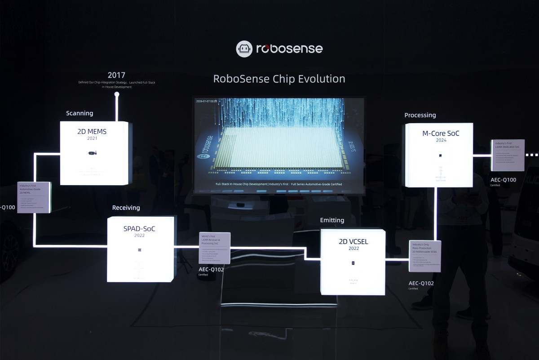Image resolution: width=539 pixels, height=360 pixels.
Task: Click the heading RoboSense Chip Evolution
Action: [x=279, y=79]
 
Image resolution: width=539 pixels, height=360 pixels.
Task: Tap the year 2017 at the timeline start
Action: [x=116, y=75]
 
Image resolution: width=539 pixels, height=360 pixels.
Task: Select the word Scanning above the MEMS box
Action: [x=80, y=113]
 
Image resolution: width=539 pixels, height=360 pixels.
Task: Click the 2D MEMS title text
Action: [x=92, y=132]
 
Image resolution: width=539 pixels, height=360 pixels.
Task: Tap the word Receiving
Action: [x=126, y=208]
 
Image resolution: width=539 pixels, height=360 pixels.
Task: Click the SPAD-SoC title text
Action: [x=139, y=229]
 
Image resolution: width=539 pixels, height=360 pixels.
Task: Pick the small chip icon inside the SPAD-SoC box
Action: [x=139, y=250]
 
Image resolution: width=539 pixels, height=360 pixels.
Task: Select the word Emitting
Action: [x=332, y=220]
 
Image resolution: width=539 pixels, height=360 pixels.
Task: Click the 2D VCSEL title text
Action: [x=353, y=242]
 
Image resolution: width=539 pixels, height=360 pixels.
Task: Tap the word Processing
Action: [x=420, y=115]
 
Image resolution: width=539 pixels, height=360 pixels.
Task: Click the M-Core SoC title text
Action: [x=441, y=133]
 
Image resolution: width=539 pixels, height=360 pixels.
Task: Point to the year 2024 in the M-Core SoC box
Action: [x=441, y=140]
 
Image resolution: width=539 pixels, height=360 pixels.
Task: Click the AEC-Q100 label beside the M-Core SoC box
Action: [x=503, y=180]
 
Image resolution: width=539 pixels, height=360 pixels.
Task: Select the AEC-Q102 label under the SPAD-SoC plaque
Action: [x=211, y=269]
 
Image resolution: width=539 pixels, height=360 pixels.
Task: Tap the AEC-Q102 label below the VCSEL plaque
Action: [x=421, y=283]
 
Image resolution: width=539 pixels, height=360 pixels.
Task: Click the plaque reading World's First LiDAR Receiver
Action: [x=214, y=247]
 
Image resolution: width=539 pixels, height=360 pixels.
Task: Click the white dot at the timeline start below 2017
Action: [x=117, y=95]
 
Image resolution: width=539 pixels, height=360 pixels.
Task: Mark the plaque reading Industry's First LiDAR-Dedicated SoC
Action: [x=508, y=155]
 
